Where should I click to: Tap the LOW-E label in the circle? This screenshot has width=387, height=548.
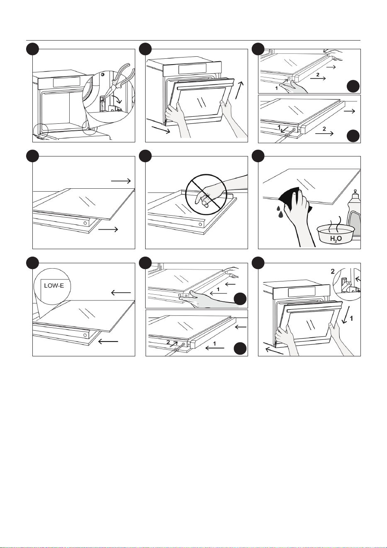pos(54,286)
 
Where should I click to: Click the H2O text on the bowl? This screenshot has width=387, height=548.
pos(336,239)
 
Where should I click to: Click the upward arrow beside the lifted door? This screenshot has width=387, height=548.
pos(239,90)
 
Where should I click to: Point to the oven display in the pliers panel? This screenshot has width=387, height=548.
pos(66,82)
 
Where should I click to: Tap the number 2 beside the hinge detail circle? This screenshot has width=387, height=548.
pos(333,271)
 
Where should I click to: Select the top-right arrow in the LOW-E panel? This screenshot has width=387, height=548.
pos(121,292)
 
